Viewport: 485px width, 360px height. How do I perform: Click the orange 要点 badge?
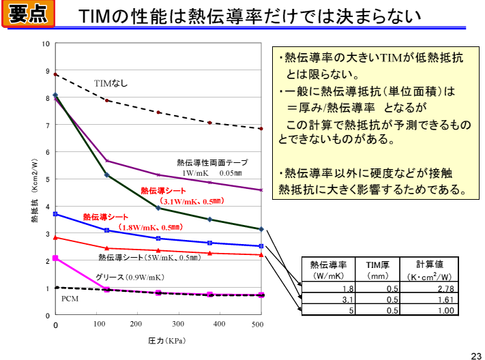pos(29,14)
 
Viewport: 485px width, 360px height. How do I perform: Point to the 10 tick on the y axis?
pos(46,44)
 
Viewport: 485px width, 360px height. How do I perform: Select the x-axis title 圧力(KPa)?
pos(166,340)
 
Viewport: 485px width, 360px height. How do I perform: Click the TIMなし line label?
pos(111,84)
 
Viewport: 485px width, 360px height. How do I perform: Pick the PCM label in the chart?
pos(71,299)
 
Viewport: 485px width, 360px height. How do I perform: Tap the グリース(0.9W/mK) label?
pos(130,277)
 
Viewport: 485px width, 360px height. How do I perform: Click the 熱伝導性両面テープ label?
pos(212,162)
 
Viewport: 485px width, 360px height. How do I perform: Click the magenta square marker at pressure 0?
pos(55,258)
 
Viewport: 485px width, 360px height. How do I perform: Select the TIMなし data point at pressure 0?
pos(55,74)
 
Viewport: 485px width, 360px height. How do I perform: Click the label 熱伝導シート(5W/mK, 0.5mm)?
pos(149,258)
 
